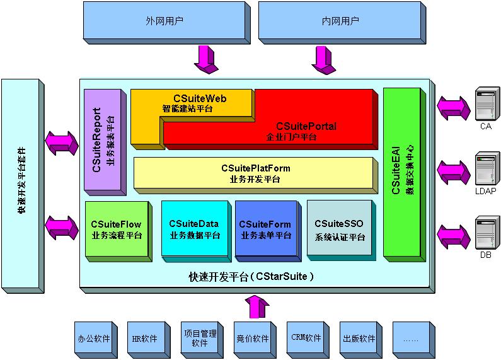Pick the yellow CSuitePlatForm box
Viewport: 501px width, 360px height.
click(255, 173)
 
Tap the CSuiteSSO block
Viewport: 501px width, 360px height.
click(339, 230)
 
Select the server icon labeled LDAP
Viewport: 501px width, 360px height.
click(486, 169)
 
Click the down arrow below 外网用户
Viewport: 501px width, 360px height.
click(207, 59)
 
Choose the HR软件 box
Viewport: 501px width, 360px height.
click(145, 339)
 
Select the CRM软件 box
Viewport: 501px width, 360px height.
click(306, 339)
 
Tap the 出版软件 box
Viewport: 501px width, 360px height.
click(359, 339)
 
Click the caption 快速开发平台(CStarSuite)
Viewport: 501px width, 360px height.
click(251, 276)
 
